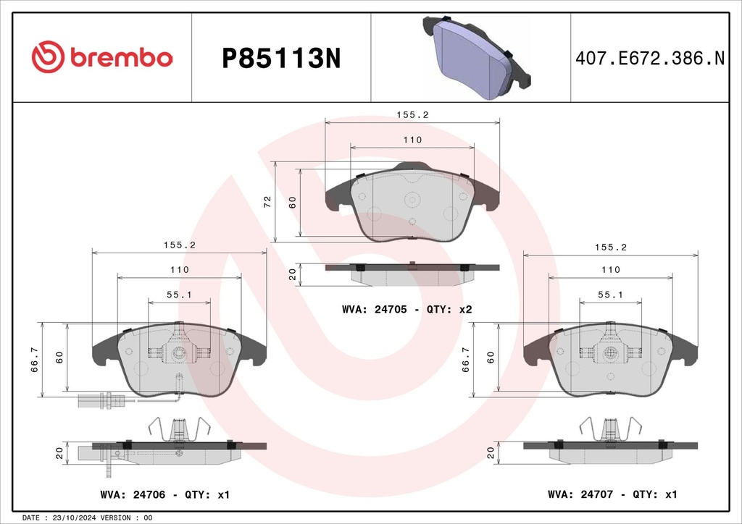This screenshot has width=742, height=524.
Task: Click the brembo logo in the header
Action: [101, 57]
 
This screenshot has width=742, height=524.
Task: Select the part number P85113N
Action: [281, 59]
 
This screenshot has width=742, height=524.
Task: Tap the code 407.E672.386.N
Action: [650, 58]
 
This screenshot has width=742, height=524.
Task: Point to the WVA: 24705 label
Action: [374, 310]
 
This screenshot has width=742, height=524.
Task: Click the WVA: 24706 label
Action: [133, 495]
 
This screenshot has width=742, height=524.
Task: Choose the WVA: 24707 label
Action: [580, 495]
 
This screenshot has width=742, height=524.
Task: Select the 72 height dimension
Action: [267, 202]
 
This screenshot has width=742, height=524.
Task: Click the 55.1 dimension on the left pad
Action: [179, 295]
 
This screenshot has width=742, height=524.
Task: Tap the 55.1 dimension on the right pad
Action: [610, 295]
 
